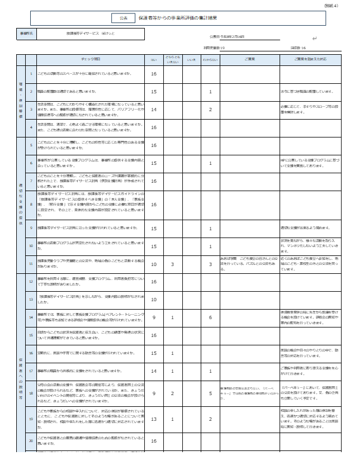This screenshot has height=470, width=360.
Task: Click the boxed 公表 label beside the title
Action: click(x=123, y=18)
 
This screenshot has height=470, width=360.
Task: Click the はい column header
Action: click(x=154, y=59)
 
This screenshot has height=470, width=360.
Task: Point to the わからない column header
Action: click(x=210, y=59)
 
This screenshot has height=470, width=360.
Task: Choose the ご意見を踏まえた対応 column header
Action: click(x=307, y=59)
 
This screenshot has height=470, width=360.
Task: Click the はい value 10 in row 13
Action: click(x=154, y=300)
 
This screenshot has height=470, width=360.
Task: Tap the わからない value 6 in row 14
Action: click(x=210, y=317)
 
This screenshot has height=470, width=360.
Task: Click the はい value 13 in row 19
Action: click(x=154, y=419)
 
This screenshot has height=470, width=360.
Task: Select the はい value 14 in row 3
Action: click(x=154, y=110)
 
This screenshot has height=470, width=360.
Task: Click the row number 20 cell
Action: click(x=31, y=441)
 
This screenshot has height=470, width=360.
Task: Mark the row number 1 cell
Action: click(x=31, y=74)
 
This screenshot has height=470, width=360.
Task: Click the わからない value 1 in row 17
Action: click(x=210, y=371)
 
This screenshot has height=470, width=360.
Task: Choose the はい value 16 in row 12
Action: click(x=154, y=282)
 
